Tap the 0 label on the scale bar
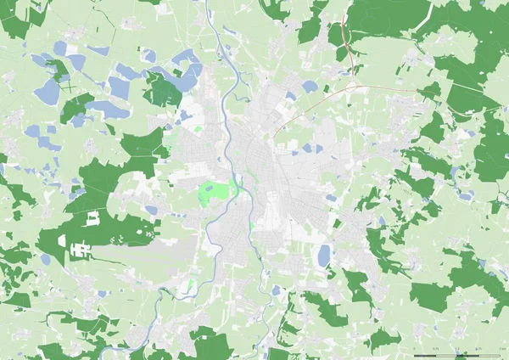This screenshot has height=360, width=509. pos(414,349)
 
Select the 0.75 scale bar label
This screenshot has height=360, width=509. pos(436,349)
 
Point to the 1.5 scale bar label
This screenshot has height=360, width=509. pos(458,349)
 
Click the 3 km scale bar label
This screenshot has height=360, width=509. pos(501,349)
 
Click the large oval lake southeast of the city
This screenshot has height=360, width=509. pos(324,255)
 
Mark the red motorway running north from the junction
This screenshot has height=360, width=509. pos(343,34)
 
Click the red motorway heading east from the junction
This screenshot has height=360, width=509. pos(390,87)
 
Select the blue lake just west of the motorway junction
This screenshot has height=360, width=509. pos(310,87)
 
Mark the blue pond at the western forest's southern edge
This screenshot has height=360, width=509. pos(101,294)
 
